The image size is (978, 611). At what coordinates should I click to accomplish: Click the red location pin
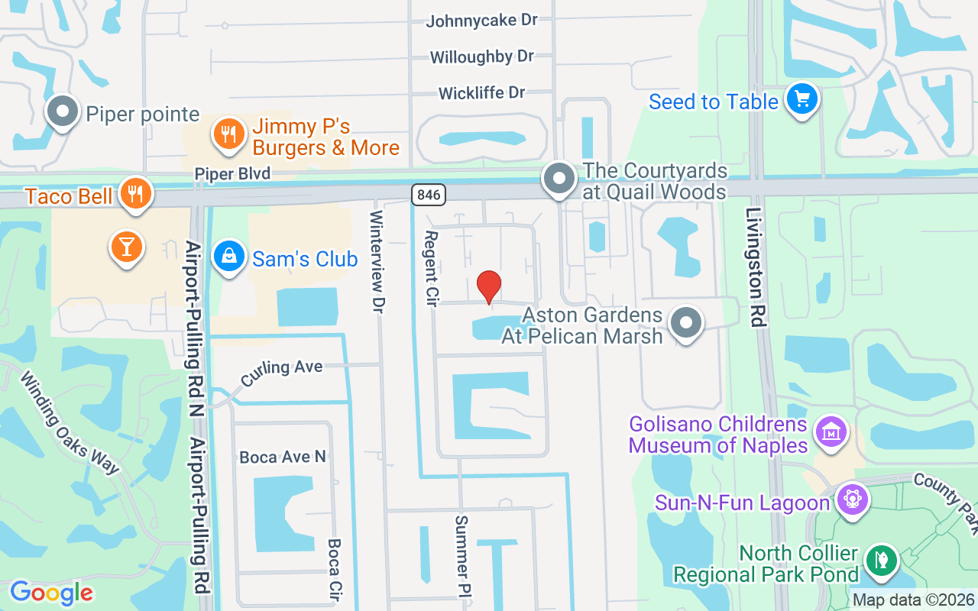tap(489, 287)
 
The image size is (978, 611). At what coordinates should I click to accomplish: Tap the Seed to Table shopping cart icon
tap(802, 99)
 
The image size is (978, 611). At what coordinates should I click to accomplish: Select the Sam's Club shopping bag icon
tap(228, 257)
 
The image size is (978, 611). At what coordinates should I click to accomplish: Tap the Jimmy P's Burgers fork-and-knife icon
tap(228, 135)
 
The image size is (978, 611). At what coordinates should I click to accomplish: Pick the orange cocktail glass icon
tap(127, 247)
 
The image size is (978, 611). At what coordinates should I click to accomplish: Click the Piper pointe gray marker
tap(63, 112)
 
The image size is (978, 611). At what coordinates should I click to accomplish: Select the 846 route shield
tap(429, 195)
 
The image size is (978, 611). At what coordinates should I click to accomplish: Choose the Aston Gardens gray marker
tap(685, 322)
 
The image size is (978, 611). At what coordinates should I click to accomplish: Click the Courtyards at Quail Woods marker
tap(559, 179)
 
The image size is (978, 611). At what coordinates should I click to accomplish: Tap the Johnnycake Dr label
tap(481, 21)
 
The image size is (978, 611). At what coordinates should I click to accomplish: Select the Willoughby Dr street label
tap(481, 57)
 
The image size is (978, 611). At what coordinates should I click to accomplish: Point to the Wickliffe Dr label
tap(481, 93)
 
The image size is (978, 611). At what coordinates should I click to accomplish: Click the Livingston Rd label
tap(756, 267)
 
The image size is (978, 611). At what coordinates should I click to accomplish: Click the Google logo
tap(51, 592)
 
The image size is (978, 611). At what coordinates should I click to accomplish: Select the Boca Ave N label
tap(283, 457)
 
